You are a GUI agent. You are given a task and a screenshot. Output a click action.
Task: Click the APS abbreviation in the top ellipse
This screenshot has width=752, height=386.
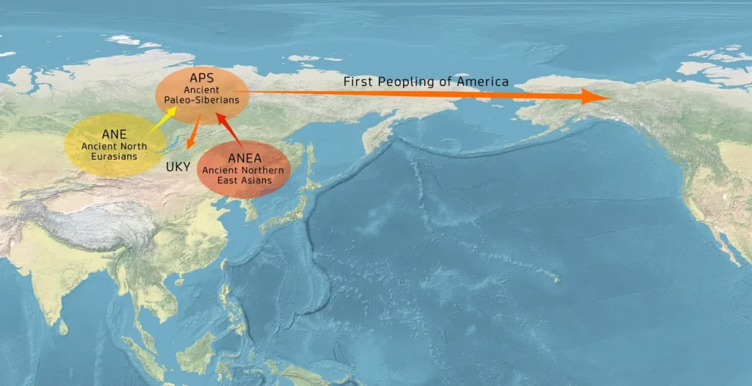201,78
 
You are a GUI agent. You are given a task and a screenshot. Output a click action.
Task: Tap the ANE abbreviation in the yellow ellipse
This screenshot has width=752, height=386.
114,134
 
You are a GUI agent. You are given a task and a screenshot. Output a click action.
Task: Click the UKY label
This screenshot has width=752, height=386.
178,167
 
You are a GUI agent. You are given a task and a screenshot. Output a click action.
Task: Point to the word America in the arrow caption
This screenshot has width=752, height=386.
481,81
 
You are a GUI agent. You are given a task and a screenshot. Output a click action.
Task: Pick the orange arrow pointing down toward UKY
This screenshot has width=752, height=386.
193,135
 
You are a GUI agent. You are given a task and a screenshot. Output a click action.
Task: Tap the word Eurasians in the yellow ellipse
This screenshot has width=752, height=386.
114,156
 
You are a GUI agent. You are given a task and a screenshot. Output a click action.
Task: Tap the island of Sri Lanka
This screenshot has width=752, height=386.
62,327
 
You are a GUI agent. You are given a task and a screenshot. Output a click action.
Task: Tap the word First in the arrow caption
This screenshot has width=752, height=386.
358,81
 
